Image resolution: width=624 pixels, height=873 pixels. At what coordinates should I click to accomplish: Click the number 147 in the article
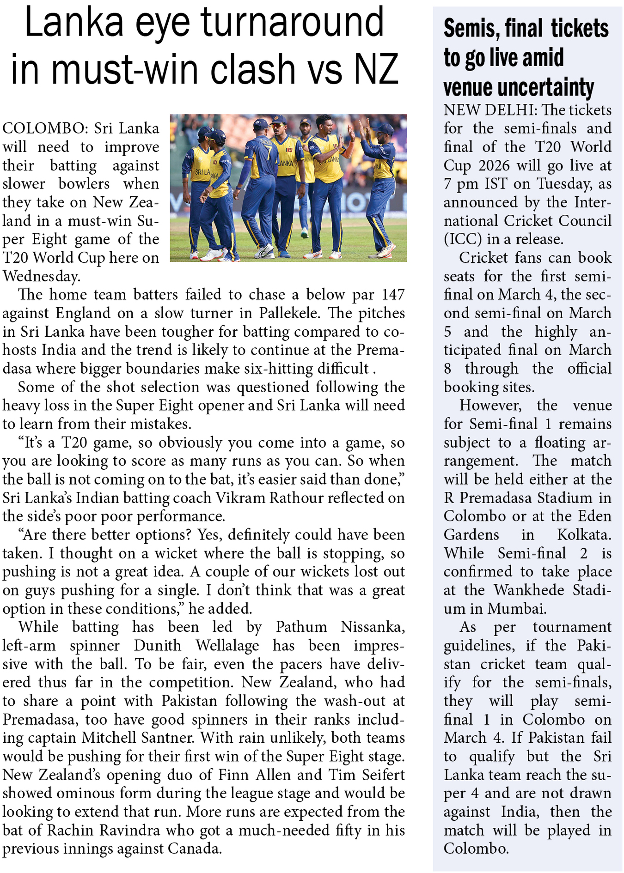point(393,295)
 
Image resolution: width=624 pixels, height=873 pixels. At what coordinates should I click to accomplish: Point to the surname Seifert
point(382,775)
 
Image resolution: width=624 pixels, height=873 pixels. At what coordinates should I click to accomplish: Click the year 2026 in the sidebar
point(494,166)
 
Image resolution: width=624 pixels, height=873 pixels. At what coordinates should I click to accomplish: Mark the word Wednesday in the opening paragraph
point(42,276)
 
